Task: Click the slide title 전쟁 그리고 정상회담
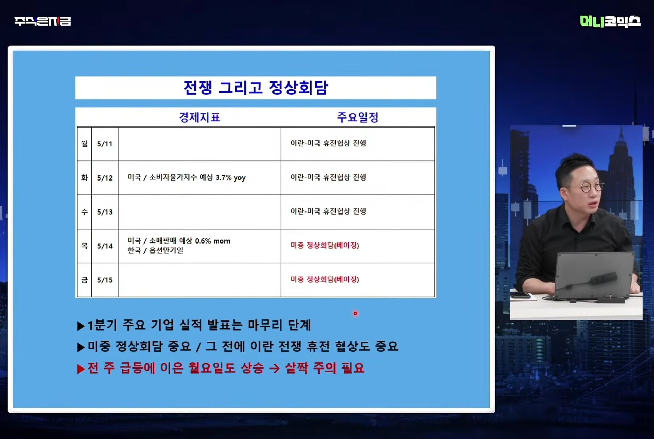(255, 88)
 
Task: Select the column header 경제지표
(200, 117)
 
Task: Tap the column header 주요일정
(358, 117)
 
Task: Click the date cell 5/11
(105, 144)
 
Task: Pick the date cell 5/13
(105, 212)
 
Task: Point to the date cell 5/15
(105, 280)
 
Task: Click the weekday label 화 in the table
(84, 177)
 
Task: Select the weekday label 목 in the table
(84, 246)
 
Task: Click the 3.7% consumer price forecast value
(223, 177)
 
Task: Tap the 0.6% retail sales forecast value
(203, 241)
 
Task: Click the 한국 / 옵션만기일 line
(155, 250)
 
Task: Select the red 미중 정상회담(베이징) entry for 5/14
(325, 245)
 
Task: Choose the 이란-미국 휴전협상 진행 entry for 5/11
(328, 143)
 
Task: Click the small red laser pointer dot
(355, 313)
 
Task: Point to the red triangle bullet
(81, 369)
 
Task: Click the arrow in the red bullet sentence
(275, 368)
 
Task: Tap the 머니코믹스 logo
(610, 21)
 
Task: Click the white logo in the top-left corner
(43, 21)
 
